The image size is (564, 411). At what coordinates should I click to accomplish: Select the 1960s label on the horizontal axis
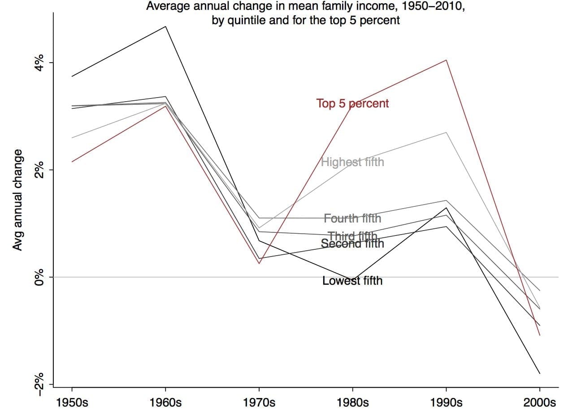tap(165, 402)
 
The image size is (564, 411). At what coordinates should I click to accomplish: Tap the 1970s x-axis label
tap(259, 402)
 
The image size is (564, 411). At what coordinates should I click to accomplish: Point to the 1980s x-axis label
tap(352, 402)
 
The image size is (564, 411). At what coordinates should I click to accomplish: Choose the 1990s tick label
tap(446, 402)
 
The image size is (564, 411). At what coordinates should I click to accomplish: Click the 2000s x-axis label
tap(539, 402)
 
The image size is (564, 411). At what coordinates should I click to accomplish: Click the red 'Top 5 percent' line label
tap(352, 103)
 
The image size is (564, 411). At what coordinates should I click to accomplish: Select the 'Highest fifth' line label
tap(352, 162)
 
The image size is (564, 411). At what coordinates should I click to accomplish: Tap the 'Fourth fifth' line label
tap(352, 218)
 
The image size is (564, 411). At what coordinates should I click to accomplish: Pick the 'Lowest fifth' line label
tap(352, 281)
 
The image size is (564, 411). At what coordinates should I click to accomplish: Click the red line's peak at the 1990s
tap(446, 60)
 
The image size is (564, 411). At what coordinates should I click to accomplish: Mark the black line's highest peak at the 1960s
tap(165, 26)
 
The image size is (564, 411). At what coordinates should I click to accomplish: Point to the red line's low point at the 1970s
tap(259, 263)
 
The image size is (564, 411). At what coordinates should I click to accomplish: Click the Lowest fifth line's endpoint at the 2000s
tap(539, 373)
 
